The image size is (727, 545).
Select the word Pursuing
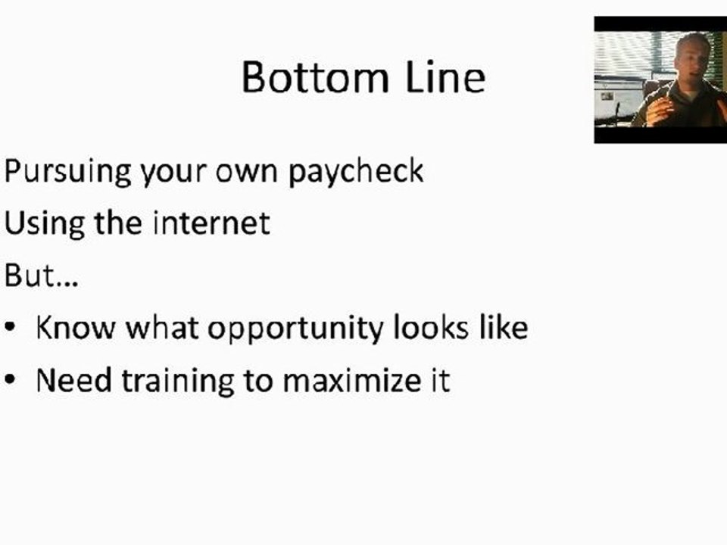67,173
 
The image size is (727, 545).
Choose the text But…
41,276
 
